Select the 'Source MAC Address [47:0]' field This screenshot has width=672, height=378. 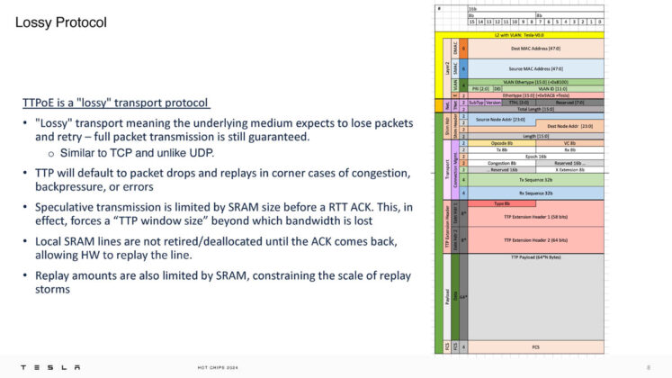(x=534, y=67)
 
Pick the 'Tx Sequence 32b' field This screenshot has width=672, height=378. (x=534, y=180)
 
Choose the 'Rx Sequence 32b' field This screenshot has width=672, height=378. (x=534, y=193)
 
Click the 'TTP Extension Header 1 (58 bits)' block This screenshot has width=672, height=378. (x=534, y=217)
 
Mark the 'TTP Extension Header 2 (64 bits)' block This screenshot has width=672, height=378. (x=534, y=239)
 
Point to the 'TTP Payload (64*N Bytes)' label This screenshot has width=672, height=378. (x=534, y=256)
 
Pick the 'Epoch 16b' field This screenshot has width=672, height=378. (x=534, y=156)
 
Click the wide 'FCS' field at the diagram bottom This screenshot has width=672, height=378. (x=534, y=346)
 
